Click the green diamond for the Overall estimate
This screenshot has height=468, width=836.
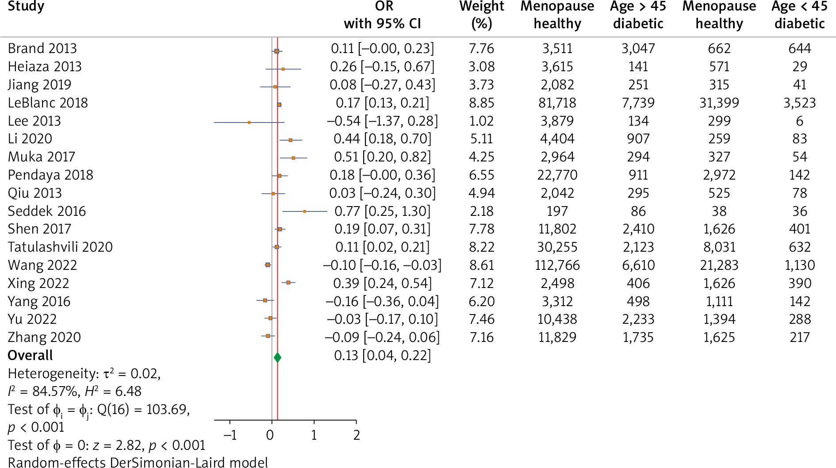pos(277,357)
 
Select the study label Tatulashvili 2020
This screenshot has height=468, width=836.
pos(60,247)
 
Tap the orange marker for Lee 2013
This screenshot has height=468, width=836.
pos(249,122)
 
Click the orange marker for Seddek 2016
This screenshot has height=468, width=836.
pos(304,211)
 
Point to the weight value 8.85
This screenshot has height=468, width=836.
pos(481,103)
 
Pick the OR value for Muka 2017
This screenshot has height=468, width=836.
pos(382,157)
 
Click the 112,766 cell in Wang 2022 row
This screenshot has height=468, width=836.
pos(557,265)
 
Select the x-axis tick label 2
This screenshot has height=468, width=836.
pos(357,435)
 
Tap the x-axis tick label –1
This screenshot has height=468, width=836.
pos(230,435)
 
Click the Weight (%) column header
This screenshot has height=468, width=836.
pos(481,15)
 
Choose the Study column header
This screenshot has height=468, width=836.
pos(26,7)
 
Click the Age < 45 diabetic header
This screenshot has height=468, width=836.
pos(799,15)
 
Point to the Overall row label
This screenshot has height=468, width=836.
pos(30,355)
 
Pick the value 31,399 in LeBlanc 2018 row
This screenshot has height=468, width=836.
pos(719,103)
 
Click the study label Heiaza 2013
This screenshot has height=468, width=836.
pos(45,66)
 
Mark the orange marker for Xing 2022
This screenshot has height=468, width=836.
pos(288,282)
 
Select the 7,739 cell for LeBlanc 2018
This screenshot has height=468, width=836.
pos(638,103)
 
